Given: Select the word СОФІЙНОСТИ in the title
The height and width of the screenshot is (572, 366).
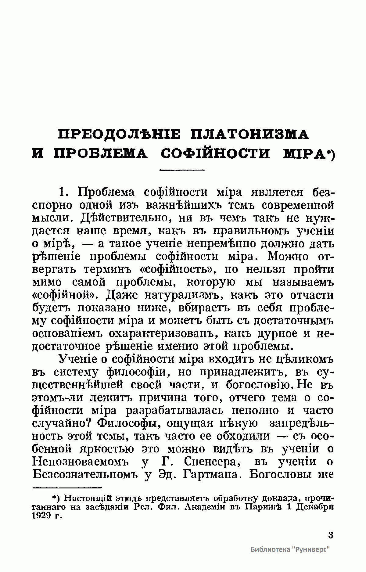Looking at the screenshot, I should pyautogui.click(x=215, y=154).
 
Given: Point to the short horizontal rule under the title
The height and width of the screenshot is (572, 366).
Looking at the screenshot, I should pyautogui.click(x=182, y=170).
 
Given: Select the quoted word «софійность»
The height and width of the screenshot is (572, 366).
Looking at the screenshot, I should pyautogui.click(x=178, y=270).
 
